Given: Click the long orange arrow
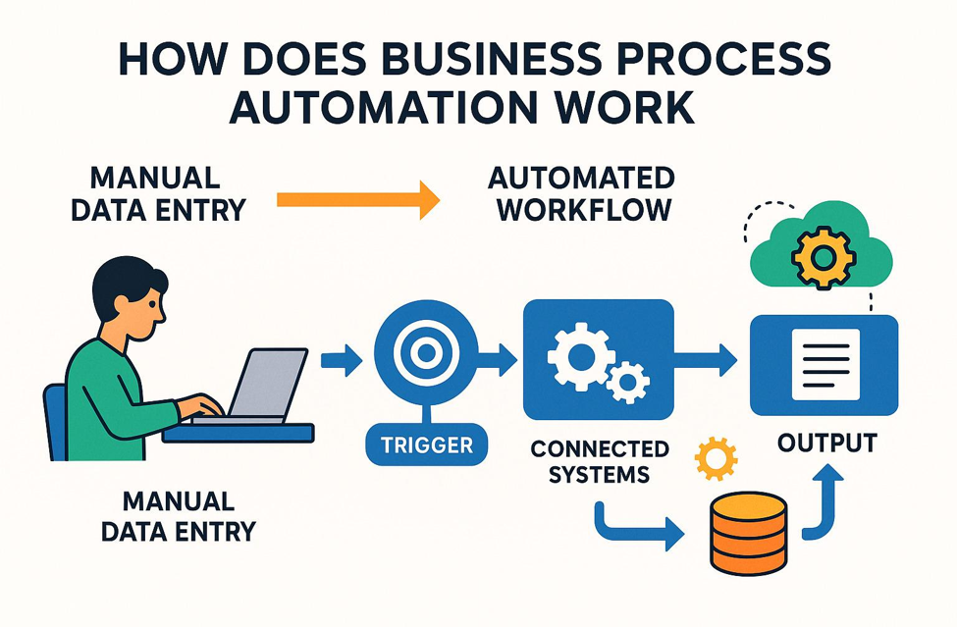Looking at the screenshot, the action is point(358,200).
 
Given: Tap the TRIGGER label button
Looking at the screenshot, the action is point(427,444).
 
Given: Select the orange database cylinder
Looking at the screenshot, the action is point(749,533).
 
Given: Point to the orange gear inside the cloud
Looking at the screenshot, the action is point(823,257).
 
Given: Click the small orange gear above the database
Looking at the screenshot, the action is point(716,458).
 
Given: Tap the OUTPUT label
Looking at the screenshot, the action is point(827,444).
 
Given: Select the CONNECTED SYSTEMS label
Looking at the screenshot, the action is point(600,461).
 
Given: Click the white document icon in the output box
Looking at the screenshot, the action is point(825,364).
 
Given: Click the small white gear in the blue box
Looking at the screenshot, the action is point(628,383).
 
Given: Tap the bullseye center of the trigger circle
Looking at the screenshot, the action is point(425,352).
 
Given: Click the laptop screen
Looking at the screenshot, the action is point(267,383).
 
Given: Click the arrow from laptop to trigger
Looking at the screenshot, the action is point(342,360).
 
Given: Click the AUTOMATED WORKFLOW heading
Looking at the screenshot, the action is point(582,194).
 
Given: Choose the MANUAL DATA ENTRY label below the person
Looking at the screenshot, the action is point(179,516).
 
